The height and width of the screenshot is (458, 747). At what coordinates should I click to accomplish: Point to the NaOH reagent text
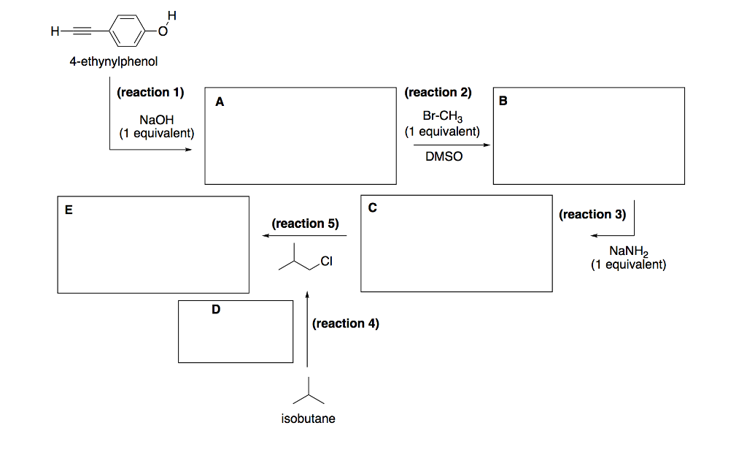pos(157,120)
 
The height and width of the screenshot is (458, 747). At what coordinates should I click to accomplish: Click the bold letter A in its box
pos(220,102)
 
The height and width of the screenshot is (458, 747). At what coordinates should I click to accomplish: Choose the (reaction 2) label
pos(438,93)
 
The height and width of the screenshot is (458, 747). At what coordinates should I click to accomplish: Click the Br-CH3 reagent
pos(443,117)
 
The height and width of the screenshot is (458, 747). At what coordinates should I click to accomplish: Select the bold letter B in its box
pos(502,101)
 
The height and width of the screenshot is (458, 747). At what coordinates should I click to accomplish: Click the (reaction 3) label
pos(592,214)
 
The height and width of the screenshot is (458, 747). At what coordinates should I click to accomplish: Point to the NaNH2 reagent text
pos(628,251)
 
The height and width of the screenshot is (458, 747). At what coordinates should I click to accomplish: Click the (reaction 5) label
pos(305,224)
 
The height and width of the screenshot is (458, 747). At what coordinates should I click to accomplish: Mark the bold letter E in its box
pos(69,210)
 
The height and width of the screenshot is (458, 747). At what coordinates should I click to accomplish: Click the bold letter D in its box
pos(215,310)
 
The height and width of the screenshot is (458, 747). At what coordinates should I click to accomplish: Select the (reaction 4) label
pos(345,323)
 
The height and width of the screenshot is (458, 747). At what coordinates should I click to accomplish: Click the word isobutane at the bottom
pos(308,419)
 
